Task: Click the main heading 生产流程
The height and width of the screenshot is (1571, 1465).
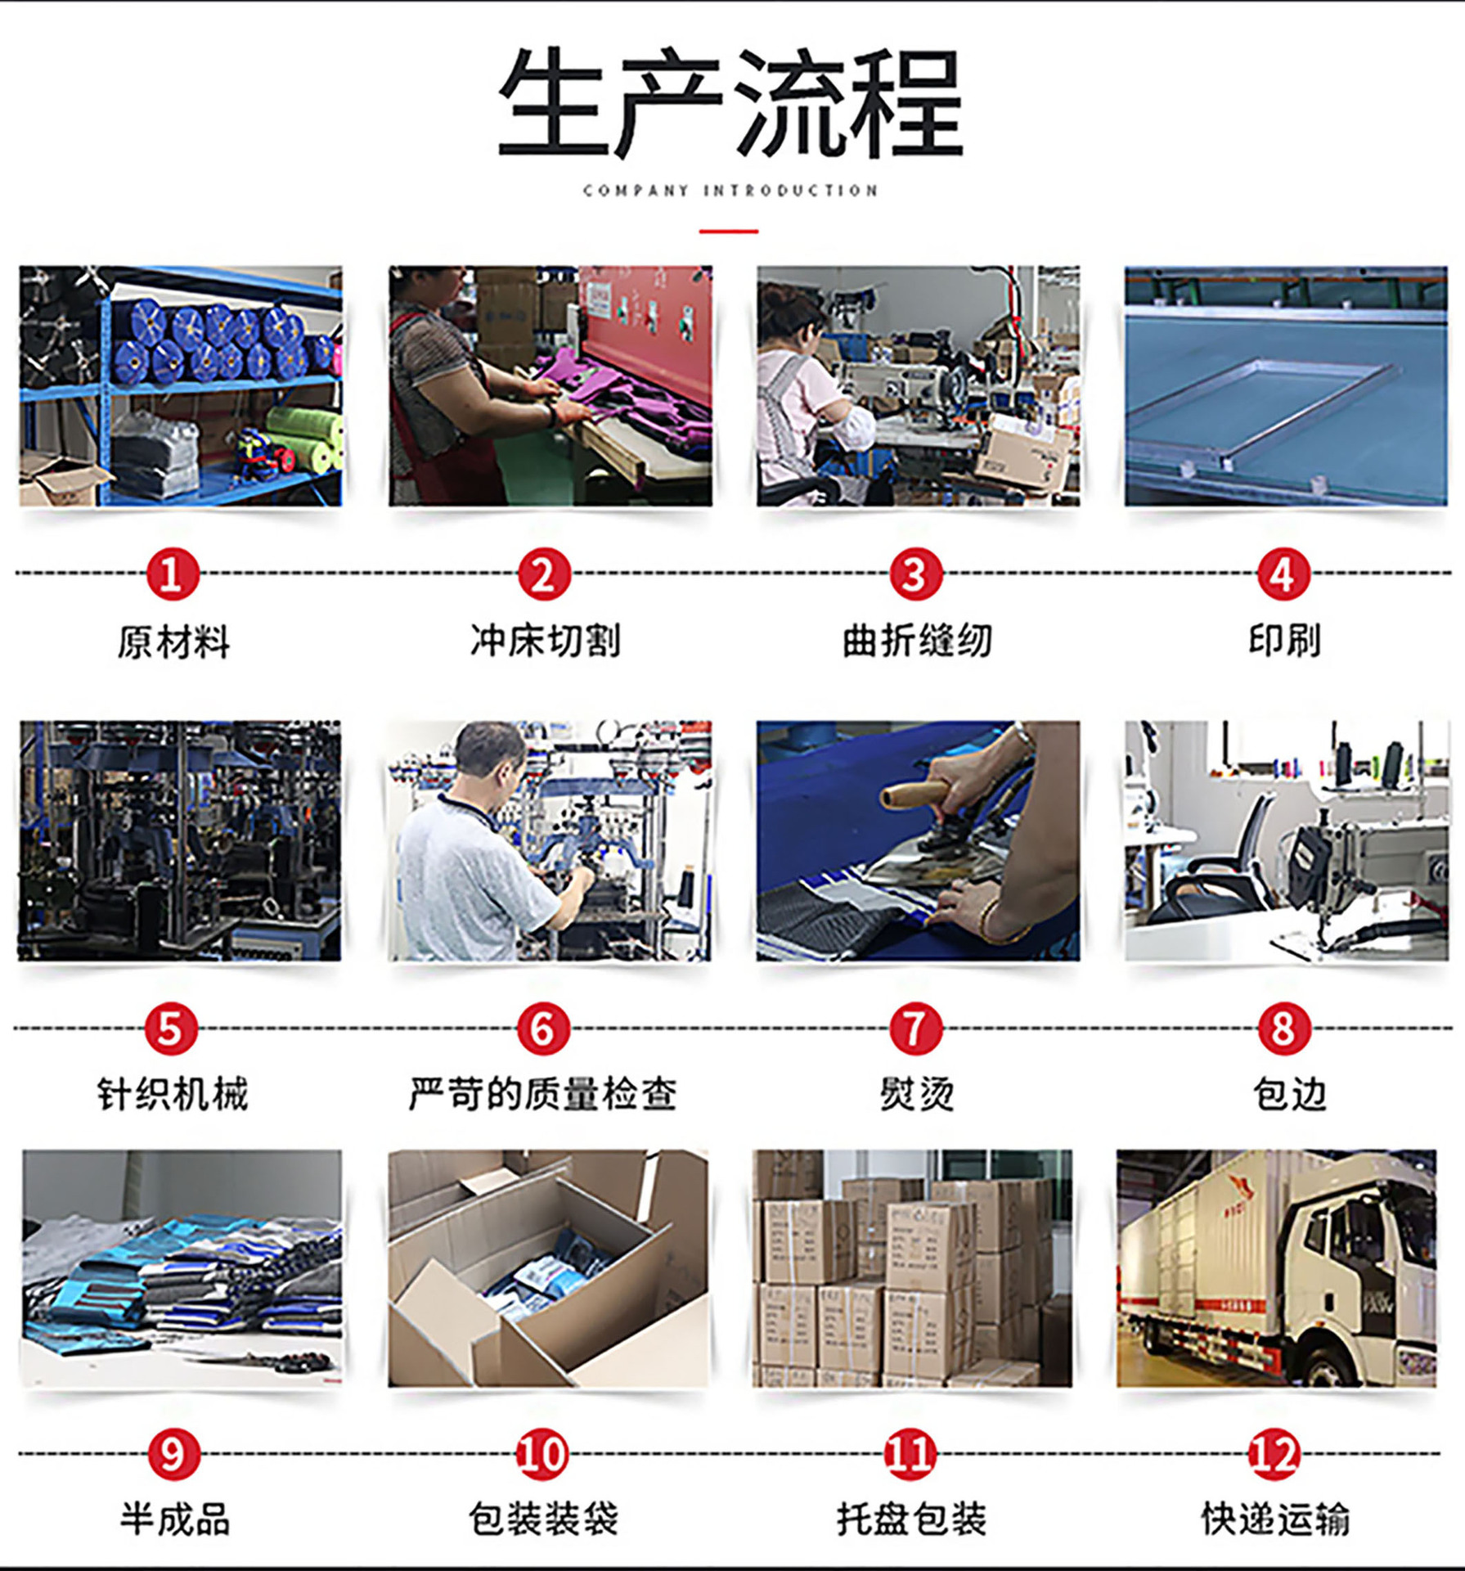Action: pyautogui.click(x=730, y=101)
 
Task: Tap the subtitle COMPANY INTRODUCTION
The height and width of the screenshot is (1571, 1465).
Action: pyautogui.click(x=730, y=191)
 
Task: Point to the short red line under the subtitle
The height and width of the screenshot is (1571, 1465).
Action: pyautogui.click(x=728, y=232)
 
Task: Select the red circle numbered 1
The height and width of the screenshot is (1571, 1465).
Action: pyautogui.click(x=173, y=574)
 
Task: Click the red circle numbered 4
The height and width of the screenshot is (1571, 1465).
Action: pyautogui.click(x=1283, y=574)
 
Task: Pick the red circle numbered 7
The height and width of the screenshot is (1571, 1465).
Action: pyautogui.click(x=915, y=1029)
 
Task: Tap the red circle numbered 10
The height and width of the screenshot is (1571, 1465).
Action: pyautogui.click(x=542, y=1454)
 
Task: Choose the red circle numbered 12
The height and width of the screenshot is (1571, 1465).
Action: pyautogui.click(x=1274, y=1454)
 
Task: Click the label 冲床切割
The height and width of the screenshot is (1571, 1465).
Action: pyautogui.click(x=546, y=641)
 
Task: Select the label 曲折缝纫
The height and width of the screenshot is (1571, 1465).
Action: pyautogui.click(x=917, y=641)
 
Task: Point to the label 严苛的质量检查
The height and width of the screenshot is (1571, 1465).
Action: pyautogui.click(x=543, y=1094)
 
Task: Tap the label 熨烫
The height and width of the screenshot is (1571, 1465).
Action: pyautogui.click(x=917, y=1094)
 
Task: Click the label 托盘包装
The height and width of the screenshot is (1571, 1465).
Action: pyautogui.click(x=911, y=1519)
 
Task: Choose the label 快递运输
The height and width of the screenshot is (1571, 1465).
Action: pyautogui.click(x=1275, y=1519)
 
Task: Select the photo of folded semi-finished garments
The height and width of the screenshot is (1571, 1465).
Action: pyautogui.click(x=182, y=1268)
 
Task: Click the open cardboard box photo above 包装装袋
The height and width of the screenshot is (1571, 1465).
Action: pyautogui.click(x=548, y=1268)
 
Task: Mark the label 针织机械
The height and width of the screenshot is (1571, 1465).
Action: pyautogui.click(x=173, y=1094)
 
